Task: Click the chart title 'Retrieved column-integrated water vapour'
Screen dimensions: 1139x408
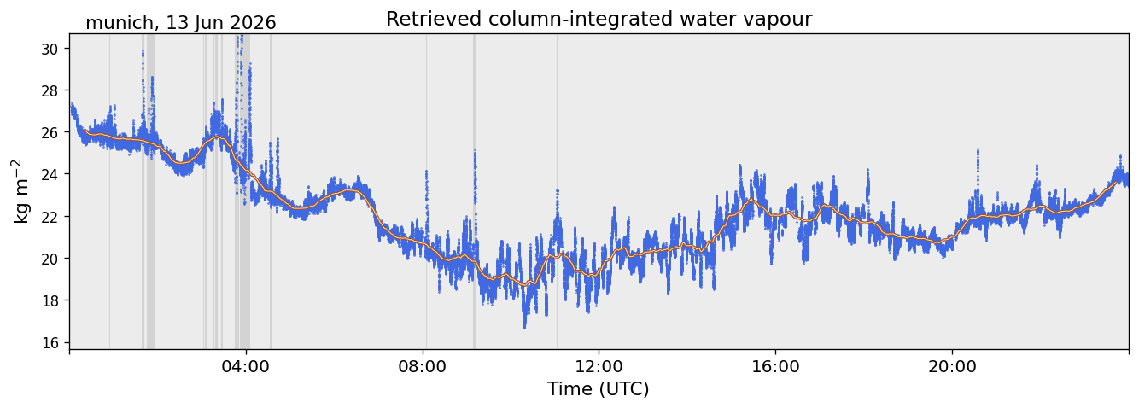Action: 599,19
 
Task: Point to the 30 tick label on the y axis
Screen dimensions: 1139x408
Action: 49,49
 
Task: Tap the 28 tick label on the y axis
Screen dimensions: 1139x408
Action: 49,90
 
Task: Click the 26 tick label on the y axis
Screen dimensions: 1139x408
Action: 49,132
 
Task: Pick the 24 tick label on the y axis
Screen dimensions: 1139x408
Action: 49,174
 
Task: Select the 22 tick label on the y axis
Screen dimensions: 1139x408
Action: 49,217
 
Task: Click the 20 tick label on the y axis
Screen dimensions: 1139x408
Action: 49,259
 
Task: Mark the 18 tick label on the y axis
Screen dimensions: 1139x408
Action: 49,300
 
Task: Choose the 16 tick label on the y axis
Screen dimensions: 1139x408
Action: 49,342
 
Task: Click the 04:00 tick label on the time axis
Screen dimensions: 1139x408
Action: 246,366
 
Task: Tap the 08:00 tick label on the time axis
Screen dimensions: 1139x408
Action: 423,366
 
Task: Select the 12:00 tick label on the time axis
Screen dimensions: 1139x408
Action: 599,366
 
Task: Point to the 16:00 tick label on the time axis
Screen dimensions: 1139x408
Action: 775,366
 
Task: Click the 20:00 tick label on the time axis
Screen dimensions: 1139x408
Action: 952,366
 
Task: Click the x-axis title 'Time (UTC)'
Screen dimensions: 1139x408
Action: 599,389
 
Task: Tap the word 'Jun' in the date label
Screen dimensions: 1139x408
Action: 206,23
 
